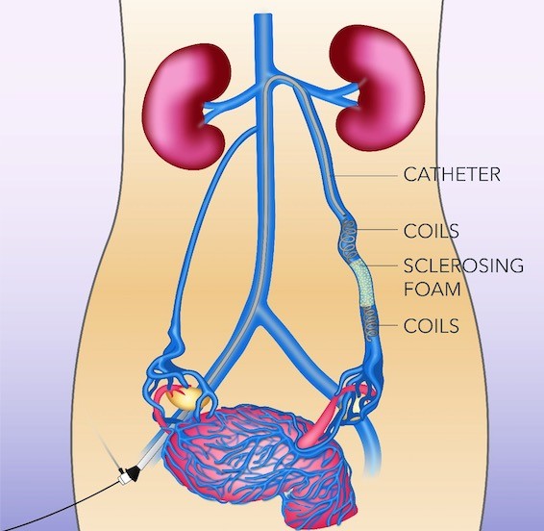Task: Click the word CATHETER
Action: (452, 175)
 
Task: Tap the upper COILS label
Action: (432, 231)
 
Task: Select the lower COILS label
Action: (432, 326)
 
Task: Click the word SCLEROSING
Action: (463, 265)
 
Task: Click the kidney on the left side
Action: (186, 106)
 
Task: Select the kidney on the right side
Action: (377, 88)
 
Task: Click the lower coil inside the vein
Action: (369, 324)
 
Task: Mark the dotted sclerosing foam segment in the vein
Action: (361, 284)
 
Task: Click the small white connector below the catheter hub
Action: (123, 478)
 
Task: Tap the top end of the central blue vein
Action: (262, 14)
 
